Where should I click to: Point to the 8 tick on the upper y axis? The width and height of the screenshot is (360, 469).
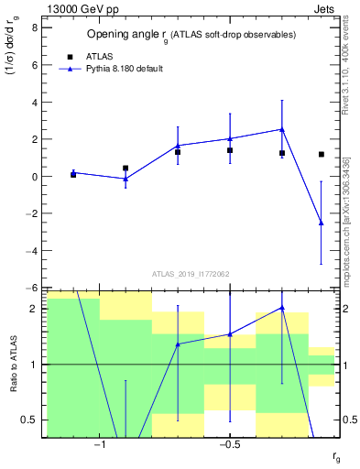(x=35, y=27)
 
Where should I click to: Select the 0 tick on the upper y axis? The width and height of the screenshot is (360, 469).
(x=35, y=177)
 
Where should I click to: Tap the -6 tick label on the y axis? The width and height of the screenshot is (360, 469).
(x=31, y=289)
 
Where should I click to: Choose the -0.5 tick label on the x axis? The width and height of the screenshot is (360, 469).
(x=229, y=446)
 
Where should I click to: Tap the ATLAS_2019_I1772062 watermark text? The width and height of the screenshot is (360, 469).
(x=191, y=274)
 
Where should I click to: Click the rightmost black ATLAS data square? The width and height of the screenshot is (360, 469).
(x=322, y=155)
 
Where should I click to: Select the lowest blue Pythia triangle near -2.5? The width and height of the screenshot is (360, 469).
(x=322, y=223)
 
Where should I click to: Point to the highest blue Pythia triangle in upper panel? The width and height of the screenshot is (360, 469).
(x=282, y=129)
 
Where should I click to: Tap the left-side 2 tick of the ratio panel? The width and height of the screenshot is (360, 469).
(x=35, y=309)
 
